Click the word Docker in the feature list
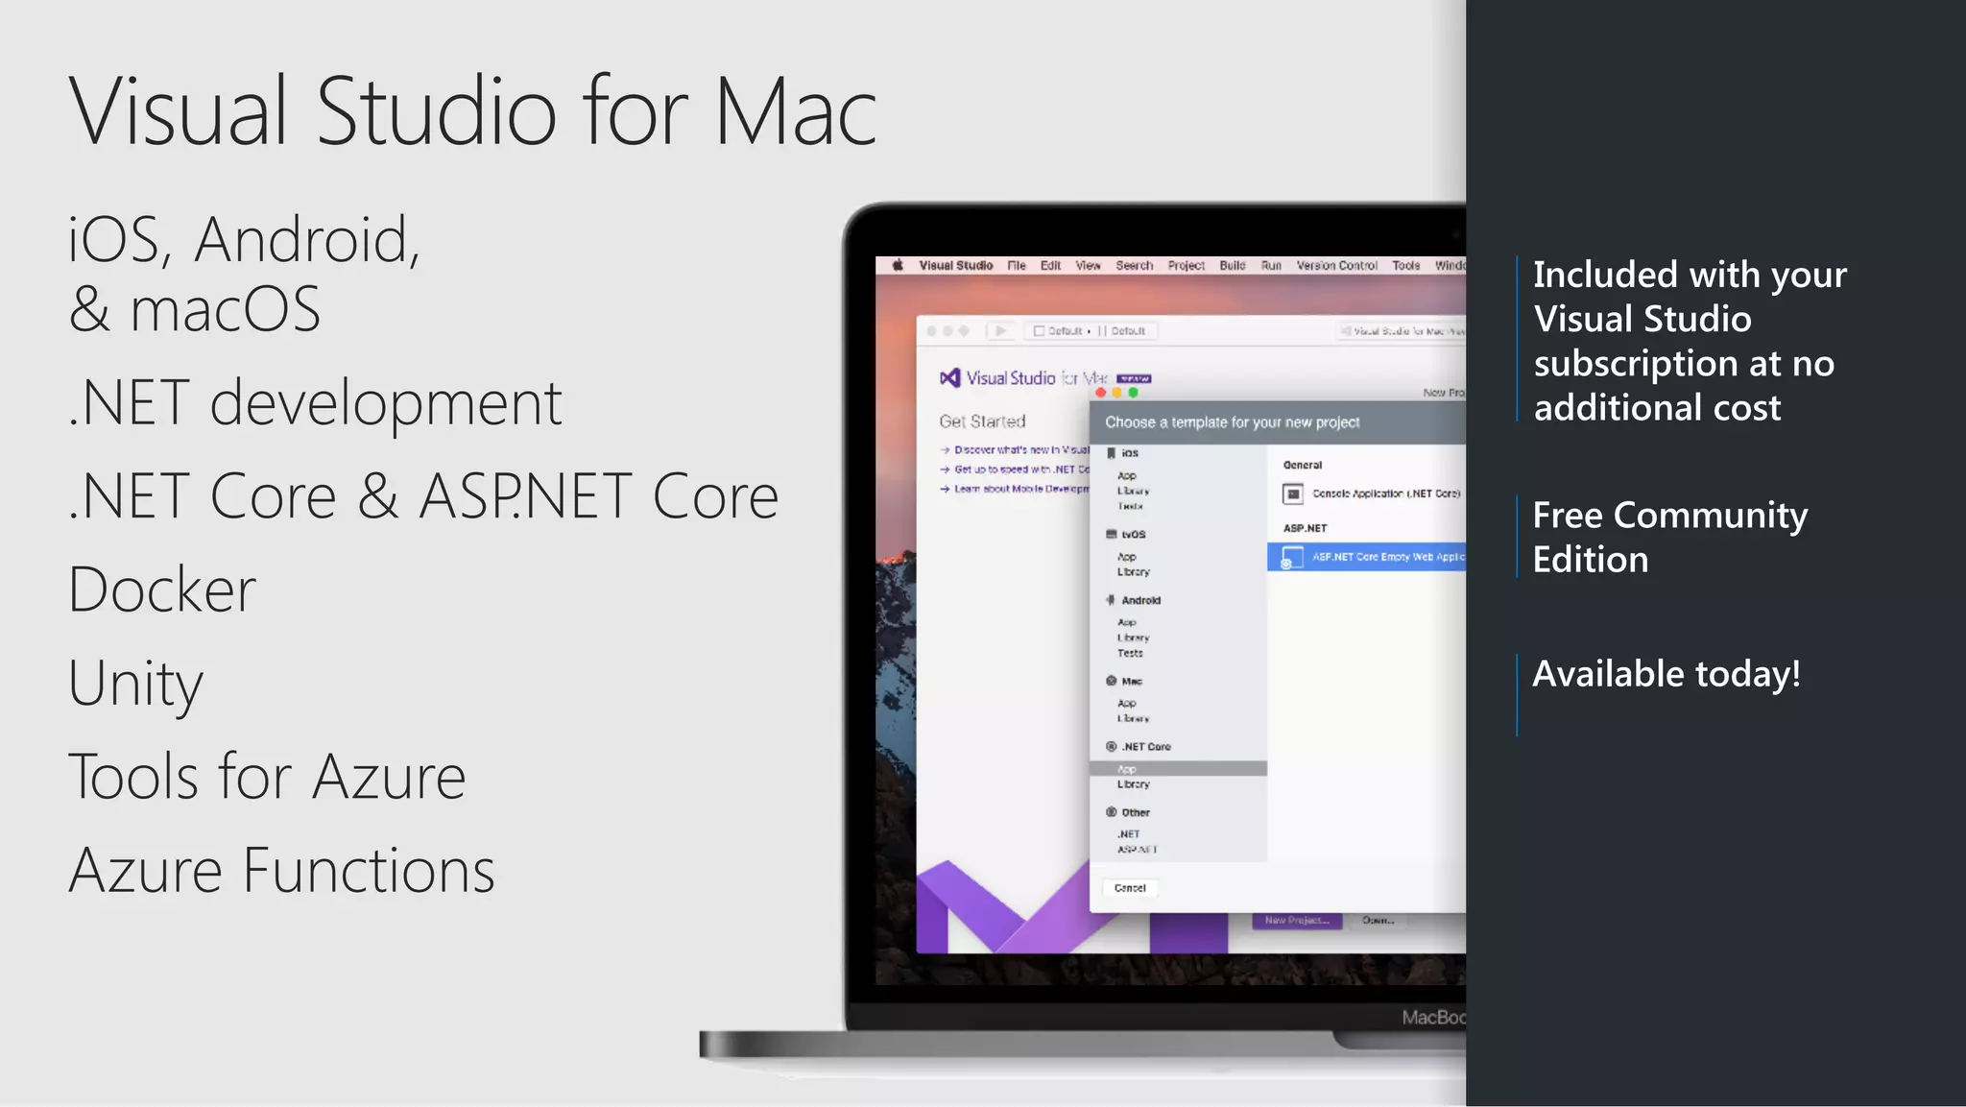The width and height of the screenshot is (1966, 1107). coord(162,590)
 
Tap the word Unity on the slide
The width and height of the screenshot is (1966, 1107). coord(135,684)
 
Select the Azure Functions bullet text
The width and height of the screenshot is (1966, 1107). coord(281,871)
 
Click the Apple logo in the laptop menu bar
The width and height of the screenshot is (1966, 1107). coord(898,266)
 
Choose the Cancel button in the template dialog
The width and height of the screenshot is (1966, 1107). coord(1130,888)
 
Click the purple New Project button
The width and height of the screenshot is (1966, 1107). coord(1296,920)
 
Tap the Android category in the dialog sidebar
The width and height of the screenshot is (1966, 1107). coord(1140,600)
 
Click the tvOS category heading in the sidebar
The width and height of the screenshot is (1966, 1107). coord(1133,535)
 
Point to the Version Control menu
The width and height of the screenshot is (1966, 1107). coord(1336,266)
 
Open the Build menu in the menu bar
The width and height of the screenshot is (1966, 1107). coord(1232,266)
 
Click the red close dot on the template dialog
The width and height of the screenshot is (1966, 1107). coord(1100,393)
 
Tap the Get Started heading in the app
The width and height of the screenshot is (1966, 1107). coord(982,421)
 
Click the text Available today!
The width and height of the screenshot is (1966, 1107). coord(1666,674)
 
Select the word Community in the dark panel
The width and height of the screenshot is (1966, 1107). coord(1711,516)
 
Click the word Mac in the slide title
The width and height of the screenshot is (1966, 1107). coord(795,112)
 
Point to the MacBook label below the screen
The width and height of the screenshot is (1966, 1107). coord(1432,1017)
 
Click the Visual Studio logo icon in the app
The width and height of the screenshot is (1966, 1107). coord(949,378)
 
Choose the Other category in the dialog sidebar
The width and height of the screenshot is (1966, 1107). coord(1135,812)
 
